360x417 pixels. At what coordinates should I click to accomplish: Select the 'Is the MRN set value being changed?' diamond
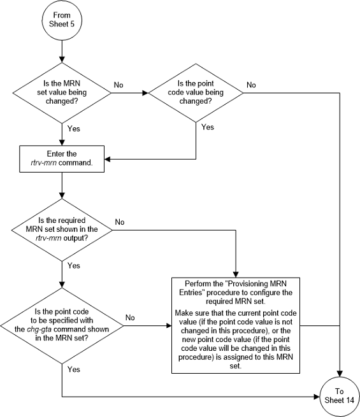62,93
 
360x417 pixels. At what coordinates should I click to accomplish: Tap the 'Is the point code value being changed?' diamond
196,93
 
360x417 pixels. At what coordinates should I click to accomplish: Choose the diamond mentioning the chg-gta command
62,325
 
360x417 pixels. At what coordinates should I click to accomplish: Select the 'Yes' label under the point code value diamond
208,127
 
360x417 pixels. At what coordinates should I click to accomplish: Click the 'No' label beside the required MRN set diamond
119,222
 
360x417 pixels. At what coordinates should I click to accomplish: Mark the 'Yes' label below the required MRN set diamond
75,265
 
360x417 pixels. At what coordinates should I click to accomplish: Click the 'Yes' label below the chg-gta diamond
75,369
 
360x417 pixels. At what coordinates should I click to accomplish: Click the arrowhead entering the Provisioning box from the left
170,325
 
